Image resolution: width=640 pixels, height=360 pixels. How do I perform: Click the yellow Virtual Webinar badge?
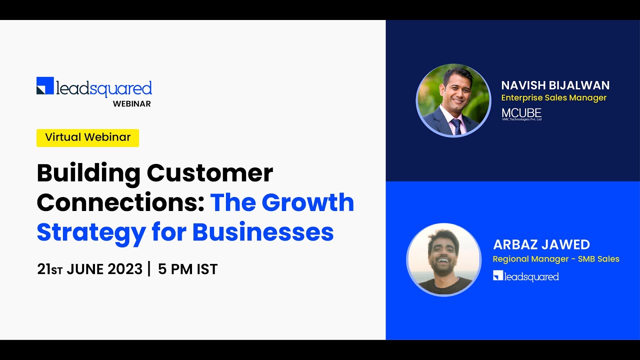coord(87,137)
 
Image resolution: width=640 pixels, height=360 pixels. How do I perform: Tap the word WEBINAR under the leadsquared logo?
coord(131,104)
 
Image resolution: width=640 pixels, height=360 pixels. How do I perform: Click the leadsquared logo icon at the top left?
coord(45,85)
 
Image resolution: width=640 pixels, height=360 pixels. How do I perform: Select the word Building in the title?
coord(88,173)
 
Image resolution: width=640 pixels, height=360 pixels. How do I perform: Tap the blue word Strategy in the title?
coord(91,232)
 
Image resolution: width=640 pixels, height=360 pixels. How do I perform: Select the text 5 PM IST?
coord(188,269)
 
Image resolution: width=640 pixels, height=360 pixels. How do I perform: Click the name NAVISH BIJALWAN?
coord(555,85)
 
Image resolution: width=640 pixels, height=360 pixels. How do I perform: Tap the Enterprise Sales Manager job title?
coord(553,98)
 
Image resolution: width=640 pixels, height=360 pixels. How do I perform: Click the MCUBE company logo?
coord(521,114)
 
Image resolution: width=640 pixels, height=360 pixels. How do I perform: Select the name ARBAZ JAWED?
coord(541,244)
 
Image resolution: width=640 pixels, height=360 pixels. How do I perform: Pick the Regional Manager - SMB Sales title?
coord(556,259)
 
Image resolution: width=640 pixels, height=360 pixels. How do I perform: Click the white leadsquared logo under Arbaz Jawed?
coord(525,276)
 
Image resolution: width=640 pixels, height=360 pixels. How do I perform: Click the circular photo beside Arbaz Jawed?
coord(444,260)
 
